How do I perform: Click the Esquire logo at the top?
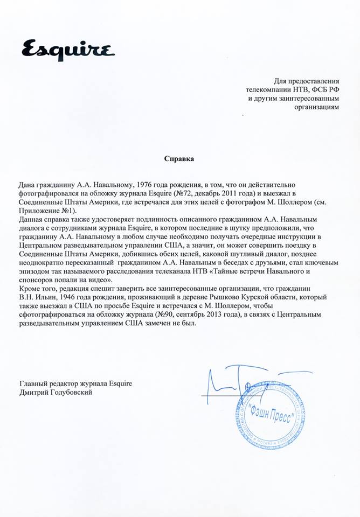[68, 50]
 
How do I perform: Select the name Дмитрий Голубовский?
[56, 393]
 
